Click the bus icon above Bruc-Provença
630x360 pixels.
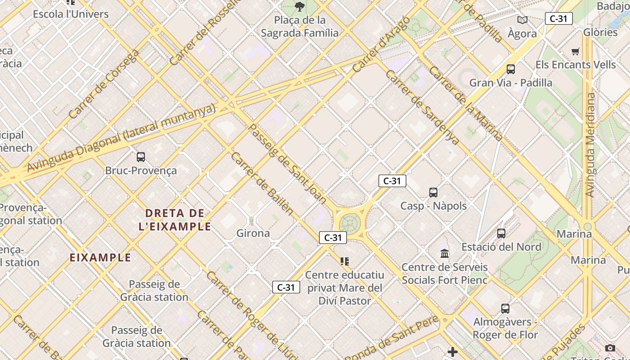point(141,157)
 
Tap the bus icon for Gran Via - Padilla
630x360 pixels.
point(511,69)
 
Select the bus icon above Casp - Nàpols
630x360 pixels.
point(433,193)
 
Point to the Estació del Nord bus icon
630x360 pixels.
point(501,234)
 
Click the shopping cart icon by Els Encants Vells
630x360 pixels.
point(576,51)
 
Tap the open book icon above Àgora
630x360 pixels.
point(522,20)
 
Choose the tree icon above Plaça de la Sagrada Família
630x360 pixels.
point(299,7)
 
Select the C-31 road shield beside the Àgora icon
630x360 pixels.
point(558,18)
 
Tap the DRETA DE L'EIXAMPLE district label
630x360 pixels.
point(175,220)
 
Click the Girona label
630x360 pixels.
point(253,233)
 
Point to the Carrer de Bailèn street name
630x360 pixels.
point(262,183)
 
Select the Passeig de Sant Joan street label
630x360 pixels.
point(287,164)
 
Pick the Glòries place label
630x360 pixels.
point(600,32)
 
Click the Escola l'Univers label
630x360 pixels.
point(71,14)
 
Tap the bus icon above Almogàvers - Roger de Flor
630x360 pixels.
point(505,309)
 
